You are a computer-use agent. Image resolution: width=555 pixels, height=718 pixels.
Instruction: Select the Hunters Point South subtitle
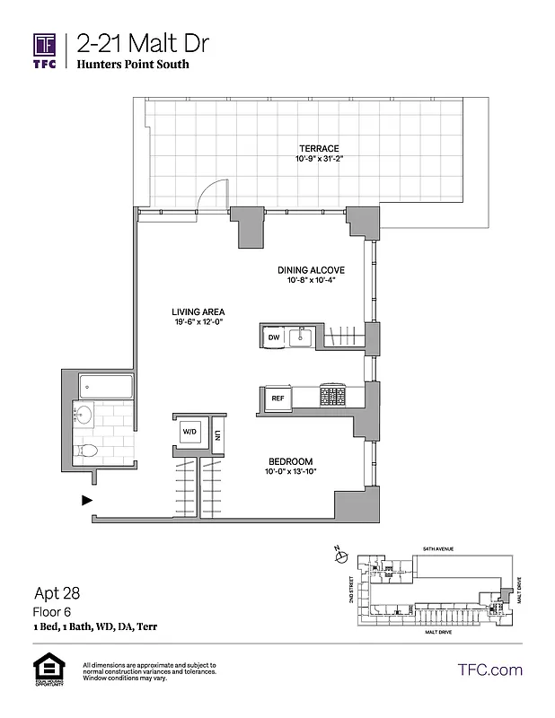[x=133, y=65]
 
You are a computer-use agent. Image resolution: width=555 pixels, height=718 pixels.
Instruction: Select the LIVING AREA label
[x=198, y=313]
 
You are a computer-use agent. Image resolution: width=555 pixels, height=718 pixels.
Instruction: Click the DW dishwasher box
[x=273, y=337]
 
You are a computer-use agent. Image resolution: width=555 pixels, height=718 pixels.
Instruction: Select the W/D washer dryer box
[x=190, y=432]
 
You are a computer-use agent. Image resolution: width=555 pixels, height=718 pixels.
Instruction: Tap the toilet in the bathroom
[x=86, y=451]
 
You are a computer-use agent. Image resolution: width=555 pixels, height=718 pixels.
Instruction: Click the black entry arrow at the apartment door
[x=86, y=500]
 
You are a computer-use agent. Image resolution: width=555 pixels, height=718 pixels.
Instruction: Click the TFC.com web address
[x=490, y=670]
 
